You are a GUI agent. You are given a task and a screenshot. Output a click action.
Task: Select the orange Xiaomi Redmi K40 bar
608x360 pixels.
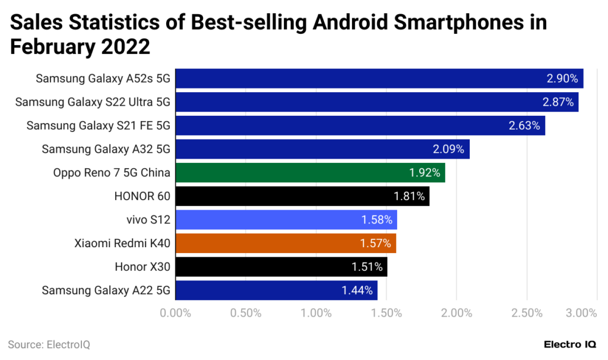pyautogui.click(x=286, y=243)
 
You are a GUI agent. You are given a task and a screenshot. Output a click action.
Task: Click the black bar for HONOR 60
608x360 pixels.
pyautogui.click(x=302, y=196)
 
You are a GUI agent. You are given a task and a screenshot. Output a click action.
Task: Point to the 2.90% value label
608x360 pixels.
pyautogui.click(x=562, y=78)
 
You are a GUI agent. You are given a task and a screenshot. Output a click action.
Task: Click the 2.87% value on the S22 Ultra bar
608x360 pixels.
pyautogui.click(x=558, y=102)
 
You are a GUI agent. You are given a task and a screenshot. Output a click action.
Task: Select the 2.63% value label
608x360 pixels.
pyautogui.click(x=524, y=125)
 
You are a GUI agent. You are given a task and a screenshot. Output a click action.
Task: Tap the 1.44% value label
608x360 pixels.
pyautogui.click(x=357, y=290)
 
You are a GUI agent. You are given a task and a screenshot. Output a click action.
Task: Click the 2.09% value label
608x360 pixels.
pyautogui.click(x=449, y=149)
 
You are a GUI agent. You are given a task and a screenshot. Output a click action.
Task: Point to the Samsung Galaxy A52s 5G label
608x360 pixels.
pyautogui.click(x=103, y=78)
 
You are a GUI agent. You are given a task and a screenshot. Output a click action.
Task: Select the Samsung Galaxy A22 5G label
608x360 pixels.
pyautogui.click(x=106, y=290)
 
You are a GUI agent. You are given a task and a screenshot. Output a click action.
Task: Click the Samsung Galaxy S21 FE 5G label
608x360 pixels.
pyautogui.click(x=98, y=125)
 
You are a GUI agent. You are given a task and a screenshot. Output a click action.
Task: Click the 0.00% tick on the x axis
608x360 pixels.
pyautogui.click(x=175, y=313)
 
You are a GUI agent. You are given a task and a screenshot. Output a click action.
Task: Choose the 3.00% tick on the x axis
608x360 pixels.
pyautogui.click(x=581, y=313)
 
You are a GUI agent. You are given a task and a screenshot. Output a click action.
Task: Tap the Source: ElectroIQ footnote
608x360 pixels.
pyautogui.click(x=49, y=345)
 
